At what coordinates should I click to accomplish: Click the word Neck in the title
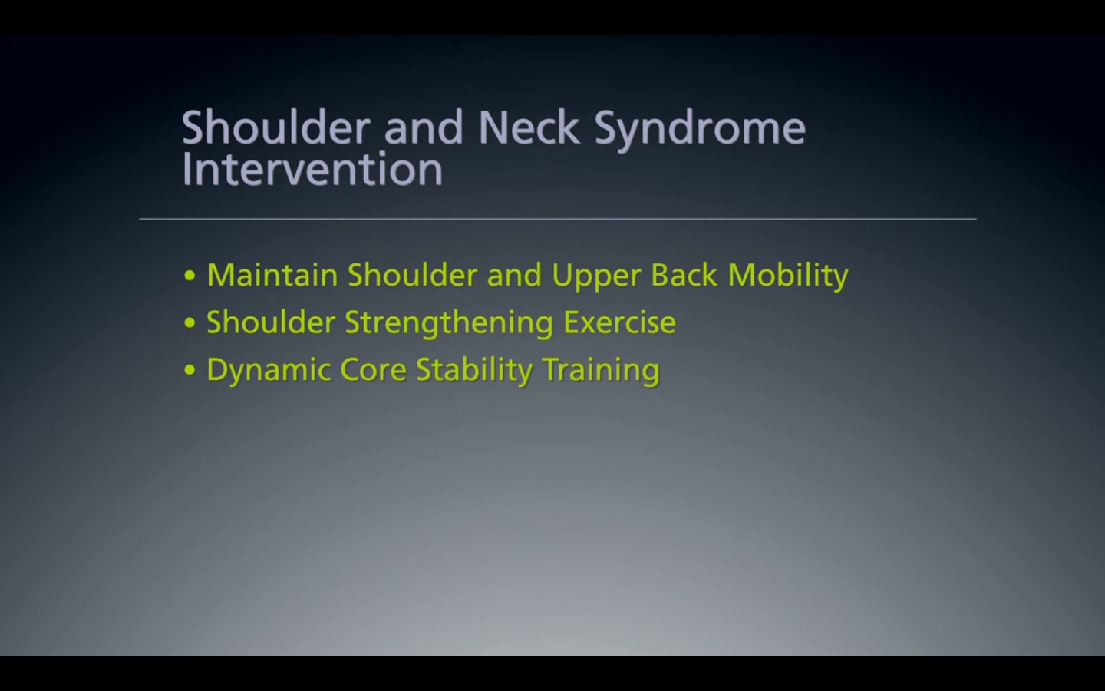[x=528, y=127]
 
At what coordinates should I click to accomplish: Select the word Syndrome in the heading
[x=700, y=129]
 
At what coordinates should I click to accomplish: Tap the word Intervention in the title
[x=312, y=170]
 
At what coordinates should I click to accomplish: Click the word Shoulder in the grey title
[x=276, y=127]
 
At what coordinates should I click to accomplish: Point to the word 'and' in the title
[x=424, y=127]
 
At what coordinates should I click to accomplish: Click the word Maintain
[x=272, y=275]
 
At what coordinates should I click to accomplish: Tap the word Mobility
[x=788, y=276]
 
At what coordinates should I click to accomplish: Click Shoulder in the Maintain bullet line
[x=412, y=275]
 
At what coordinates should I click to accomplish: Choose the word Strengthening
[x=449, y=323]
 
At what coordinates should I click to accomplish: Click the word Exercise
[x=620, y=322]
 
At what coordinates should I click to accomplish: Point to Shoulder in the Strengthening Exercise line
[x=271, y=322]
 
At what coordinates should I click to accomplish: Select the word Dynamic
[x=268, y=370]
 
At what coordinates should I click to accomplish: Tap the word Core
[x=373, y=370]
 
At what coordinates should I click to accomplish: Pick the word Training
[x=601, y=371]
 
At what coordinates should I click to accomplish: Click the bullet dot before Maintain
[x=190, y=276]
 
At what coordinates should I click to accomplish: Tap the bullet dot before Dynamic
[x=190, y=371]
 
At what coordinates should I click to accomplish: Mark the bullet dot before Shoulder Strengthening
[x=190, y=323]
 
